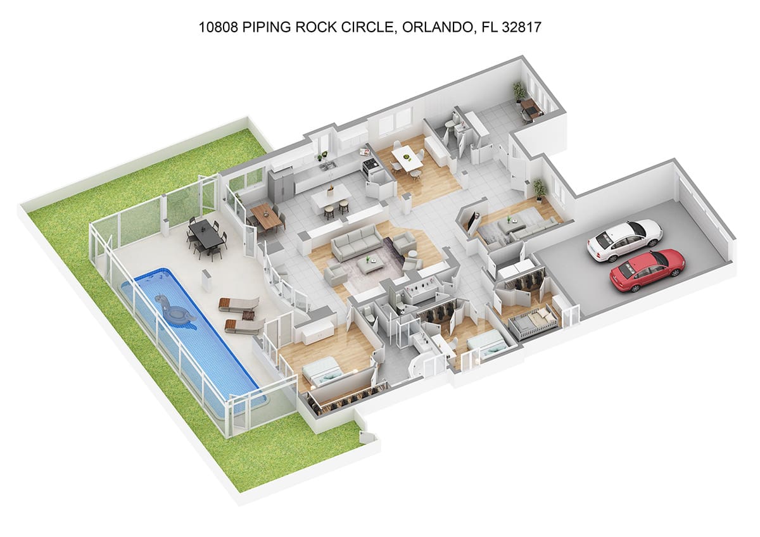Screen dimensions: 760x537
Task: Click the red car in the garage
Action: point(648,270)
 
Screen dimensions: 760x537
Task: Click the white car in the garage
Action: point(625,240)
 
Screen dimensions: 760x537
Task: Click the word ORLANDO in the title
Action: point(438,27)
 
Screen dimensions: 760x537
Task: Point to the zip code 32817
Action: point(522,27)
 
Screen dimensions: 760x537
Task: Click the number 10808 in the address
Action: point(218,27)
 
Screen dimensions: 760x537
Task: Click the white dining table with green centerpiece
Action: point(407,158)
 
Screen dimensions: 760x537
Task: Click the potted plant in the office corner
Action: point(518,92)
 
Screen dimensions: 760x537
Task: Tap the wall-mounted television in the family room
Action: point(472,220)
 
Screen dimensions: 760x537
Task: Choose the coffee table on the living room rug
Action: point(369,265)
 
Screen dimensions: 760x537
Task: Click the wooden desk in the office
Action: point(533,108)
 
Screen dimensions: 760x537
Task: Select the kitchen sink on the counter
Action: point(329,166)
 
